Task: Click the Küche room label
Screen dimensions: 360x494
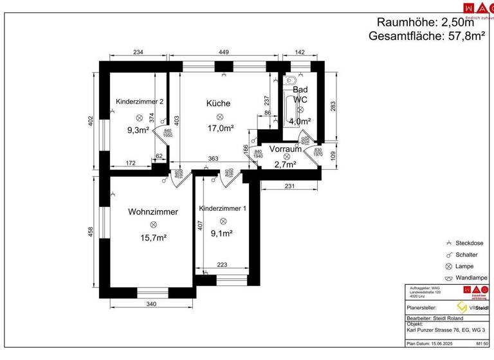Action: [218, 103]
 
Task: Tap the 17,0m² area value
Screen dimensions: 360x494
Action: [219, 128]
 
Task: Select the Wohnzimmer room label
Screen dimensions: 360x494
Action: [153, 212]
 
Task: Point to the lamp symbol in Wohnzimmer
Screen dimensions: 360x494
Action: [153, 224]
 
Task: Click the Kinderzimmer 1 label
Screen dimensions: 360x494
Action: [223, 209]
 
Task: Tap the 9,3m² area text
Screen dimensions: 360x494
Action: [138, 130]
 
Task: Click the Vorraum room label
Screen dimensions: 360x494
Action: [286, 148]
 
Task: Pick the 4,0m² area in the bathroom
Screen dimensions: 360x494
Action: [300, 121]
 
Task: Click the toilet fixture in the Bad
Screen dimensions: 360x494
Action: [291, 82]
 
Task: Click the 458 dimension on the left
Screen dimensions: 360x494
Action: [91, 231]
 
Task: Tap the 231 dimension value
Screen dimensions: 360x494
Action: [290, 186]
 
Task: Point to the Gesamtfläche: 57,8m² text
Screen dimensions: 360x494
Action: [426, 37]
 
